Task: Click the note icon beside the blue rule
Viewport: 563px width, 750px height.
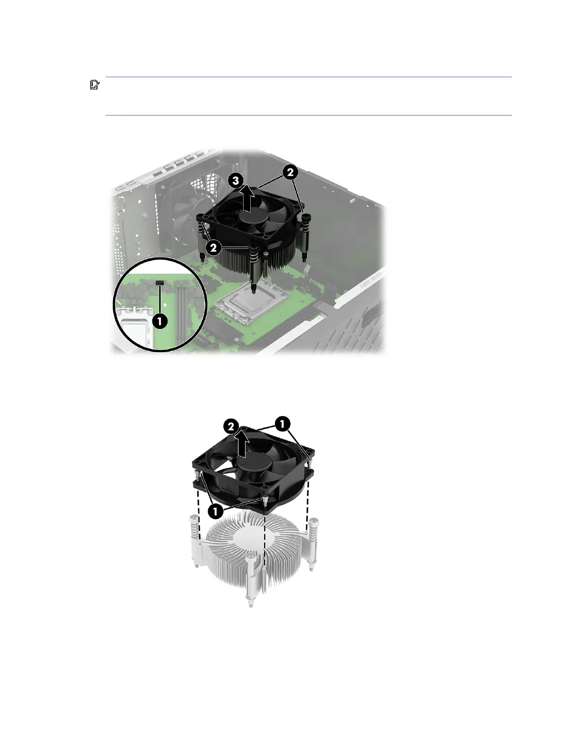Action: (x=95, y=85)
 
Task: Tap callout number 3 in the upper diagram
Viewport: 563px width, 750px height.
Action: (x=236, y=180)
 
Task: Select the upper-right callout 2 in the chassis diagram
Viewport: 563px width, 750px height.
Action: (x=290, y=172)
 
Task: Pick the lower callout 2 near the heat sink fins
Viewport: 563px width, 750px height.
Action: (x=214, y=247)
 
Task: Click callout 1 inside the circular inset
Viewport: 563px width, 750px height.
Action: (x=159, y=321)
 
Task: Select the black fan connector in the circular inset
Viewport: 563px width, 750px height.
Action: (x=159, y=283)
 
